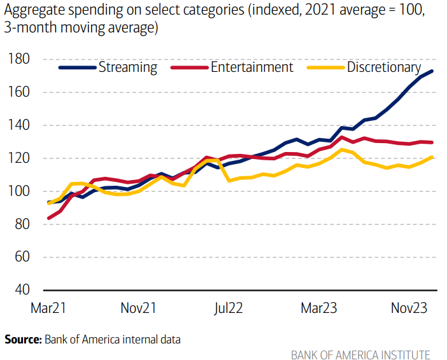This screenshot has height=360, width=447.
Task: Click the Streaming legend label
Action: [x=127, y=67]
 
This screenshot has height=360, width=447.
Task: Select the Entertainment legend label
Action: [x=252, y=67]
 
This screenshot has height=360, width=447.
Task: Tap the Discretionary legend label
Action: [x=383, y=67]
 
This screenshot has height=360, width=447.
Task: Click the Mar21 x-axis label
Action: [x=49, y=308]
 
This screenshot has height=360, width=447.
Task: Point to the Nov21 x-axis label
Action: [x=139, y=308]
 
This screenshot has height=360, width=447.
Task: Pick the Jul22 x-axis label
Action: [x=228, y=308]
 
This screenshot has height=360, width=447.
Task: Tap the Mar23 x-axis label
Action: [x=319, y=308]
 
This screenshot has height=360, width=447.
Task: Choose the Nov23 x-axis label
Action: [x=409, y=308]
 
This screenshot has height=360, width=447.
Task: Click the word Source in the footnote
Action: [x=22, y=339]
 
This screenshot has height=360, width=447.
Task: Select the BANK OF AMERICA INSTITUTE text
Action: [x=360, y=354]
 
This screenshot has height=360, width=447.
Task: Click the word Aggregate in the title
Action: [x=32, y=11]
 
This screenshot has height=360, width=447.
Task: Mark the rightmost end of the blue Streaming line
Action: [x=432, y=71]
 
